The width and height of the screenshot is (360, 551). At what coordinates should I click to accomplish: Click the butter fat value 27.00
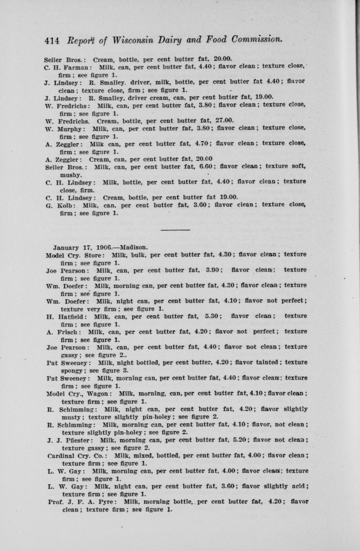pos(224,121)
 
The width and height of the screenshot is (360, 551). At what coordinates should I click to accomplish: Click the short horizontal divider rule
pos(175,230)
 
